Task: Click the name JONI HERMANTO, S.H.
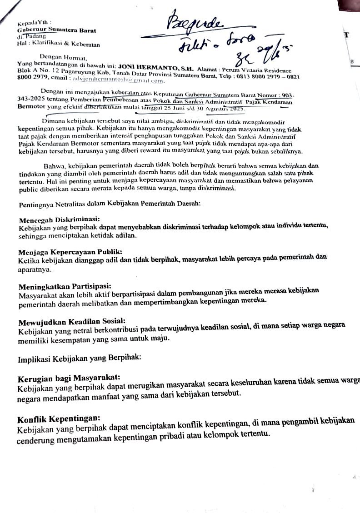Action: pyautogui.click(x=156, y=67)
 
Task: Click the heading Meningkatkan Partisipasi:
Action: pyautogui.click(x=65, y=286)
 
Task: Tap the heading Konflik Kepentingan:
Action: pyautogui.click(x=59, y=418)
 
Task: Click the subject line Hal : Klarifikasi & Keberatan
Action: pyautogui.click(x=59, y=44)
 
